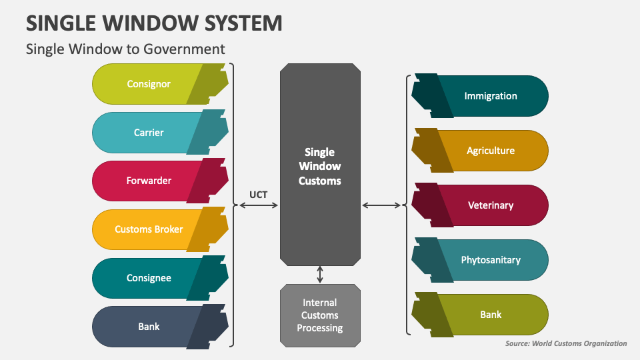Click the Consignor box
[149, 84]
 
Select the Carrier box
[149, 133]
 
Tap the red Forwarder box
[149, 181]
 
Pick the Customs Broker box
[149, 229]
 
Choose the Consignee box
[149, 278]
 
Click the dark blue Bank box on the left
[149, 327]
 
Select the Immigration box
[490, 96]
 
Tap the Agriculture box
[490, 151]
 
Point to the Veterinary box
[490, 205]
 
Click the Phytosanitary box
[490, 260]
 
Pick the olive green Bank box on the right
[490, 315]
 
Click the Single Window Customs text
[320, 167]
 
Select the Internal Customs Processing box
[320, 315]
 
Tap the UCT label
[259, 194]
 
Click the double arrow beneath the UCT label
[259, 206]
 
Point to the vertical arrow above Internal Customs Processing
[320, 275]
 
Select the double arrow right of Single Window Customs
[383, 206]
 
